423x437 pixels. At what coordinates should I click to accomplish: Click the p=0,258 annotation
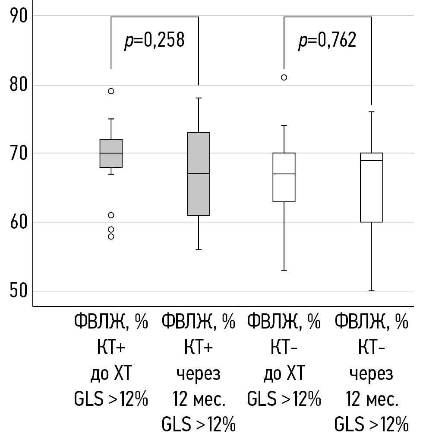point(154,41)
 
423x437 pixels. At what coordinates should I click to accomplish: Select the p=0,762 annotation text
point(327,41)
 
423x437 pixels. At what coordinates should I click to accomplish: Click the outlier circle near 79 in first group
point(111,91)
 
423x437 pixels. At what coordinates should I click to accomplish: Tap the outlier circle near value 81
point(284,78)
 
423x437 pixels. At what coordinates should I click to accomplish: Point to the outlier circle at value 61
point(111,215)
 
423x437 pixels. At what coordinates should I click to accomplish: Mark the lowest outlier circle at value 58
point(111,236)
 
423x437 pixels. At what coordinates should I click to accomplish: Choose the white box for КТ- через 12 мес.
point(371,190)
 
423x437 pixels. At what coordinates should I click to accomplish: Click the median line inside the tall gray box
point(198,174)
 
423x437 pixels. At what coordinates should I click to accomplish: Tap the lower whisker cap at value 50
point(371,291)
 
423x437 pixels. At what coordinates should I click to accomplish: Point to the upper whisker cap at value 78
point(198,98)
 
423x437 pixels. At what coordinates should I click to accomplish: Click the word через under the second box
point(198,374)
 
